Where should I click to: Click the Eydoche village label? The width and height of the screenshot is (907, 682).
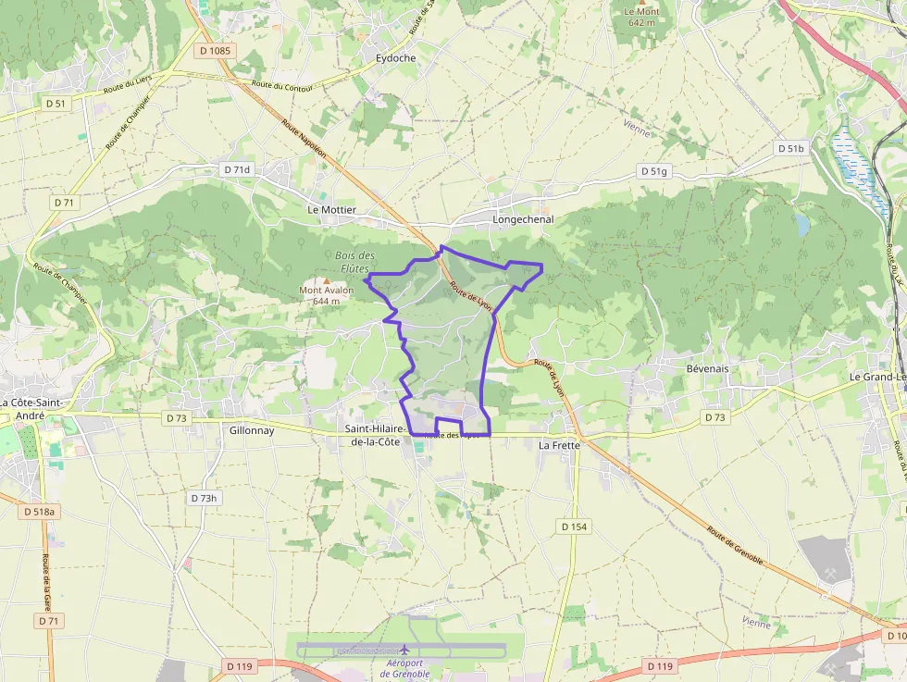click(x=396, y=57)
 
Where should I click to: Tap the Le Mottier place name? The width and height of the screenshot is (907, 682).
click(x=331, y=210)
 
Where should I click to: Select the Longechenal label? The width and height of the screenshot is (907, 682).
click(x=523, y=219)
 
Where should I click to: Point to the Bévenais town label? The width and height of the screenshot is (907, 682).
click(x=708, y=368)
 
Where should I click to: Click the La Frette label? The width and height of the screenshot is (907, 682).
click(x=559, y=445)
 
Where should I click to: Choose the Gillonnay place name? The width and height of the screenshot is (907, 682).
click(x=251, y=430)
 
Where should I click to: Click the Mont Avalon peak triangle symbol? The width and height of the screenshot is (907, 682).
click(x=326, y=280)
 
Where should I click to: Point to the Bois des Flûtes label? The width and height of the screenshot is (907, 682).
click(x=354, y=262)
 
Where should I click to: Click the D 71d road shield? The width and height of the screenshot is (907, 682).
click(x=238, y=170)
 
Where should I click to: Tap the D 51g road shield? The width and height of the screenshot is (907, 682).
click(x=653, y=171)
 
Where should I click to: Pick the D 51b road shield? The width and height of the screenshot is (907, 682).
click(x=791, y=148)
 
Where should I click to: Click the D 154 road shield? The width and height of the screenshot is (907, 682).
click(x=574, y=527)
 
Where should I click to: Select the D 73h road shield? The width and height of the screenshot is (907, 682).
click(x=204, y=498)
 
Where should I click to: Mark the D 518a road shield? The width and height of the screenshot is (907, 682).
click(x=40, y=512)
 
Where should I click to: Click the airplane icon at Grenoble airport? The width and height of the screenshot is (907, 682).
click(x=404, y=650)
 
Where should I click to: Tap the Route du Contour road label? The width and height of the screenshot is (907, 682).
click(x=280, y=87)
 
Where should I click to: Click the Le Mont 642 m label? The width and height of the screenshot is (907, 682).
click(x=641, y=17)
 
